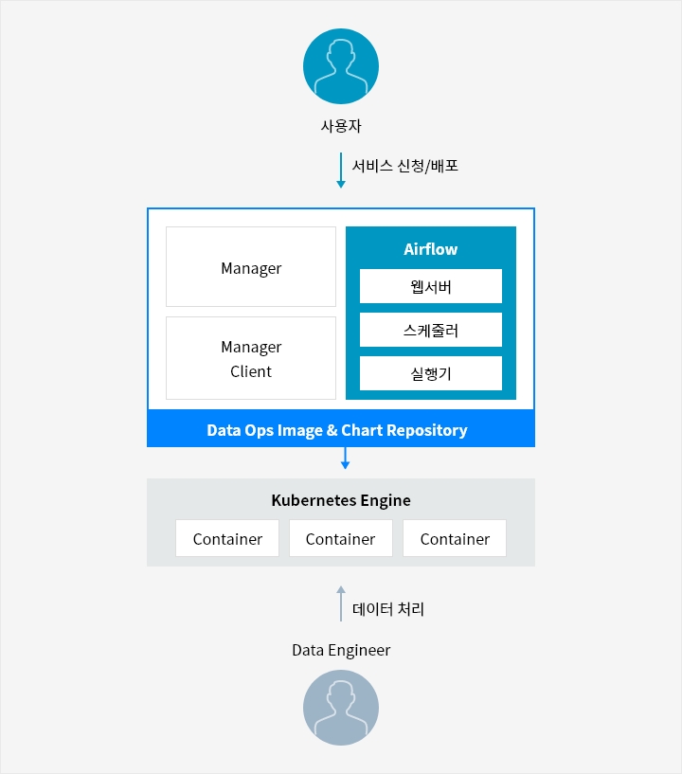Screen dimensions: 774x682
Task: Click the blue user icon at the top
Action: coord(341,66)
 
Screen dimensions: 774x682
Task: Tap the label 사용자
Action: coord(341,125)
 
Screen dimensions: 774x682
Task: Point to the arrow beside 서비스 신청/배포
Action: coord(341,171)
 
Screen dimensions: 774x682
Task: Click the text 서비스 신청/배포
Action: coord(404,166)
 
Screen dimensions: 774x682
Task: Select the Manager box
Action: coord(251,267)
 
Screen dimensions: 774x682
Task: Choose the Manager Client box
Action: coord(251,358)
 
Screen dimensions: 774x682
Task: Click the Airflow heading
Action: coord(431,249)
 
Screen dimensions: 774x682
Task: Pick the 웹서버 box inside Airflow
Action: coord(431,286)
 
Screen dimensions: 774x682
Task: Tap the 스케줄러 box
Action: coord(431,330)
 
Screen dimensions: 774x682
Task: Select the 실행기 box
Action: coord(431,373)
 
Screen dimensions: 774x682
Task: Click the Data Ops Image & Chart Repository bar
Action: coord(341,430)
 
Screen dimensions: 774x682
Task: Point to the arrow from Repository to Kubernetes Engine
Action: coord(346,459)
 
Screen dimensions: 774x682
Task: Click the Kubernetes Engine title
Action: coord(341,500)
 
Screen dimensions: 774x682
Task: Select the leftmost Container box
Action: coord(227,538)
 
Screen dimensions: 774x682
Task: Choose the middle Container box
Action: coord(341,538)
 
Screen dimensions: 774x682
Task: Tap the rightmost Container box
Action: coord(455,538)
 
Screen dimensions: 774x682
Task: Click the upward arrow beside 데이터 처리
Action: coord(341,603)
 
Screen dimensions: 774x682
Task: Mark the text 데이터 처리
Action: coord(388,609)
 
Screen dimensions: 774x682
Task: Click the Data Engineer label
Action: coord(341,650)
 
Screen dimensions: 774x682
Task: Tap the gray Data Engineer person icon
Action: coord(341,708)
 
